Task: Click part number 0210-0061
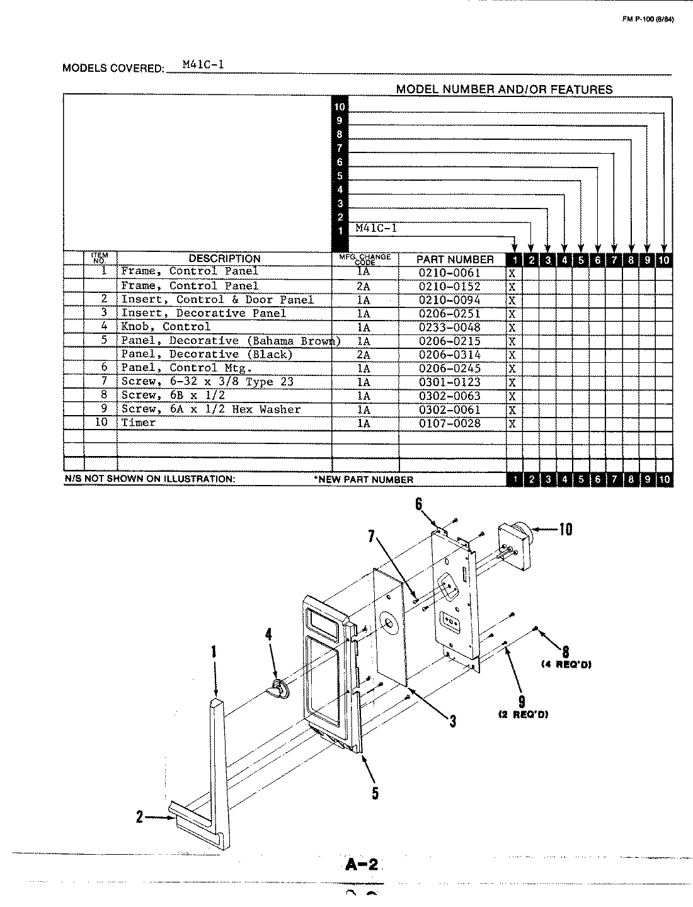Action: (449, 273)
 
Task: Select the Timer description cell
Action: (139, 423)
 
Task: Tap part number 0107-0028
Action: (449, 423)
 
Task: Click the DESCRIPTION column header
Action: (224, 258)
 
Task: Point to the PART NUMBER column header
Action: (455, 259)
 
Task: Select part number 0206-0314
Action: (449, 355)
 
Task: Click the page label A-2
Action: (362, 865)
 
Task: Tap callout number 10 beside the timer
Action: (565, 529)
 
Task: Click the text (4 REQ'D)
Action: (566, 665)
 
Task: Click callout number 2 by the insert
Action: (140, 817)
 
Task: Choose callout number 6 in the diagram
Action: (418, 503)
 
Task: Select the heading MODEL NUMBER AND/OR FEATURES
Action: (504, 89)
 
